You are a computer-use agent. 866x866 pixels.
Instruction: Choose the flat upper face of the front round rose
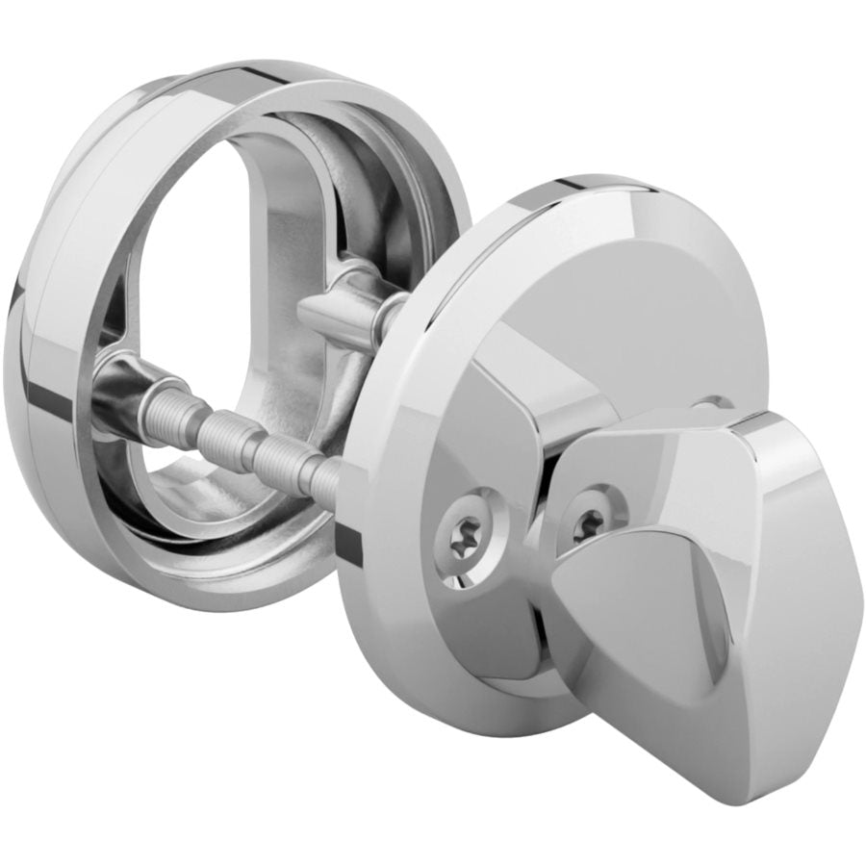pyautogui.click(x=616, y=289)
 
